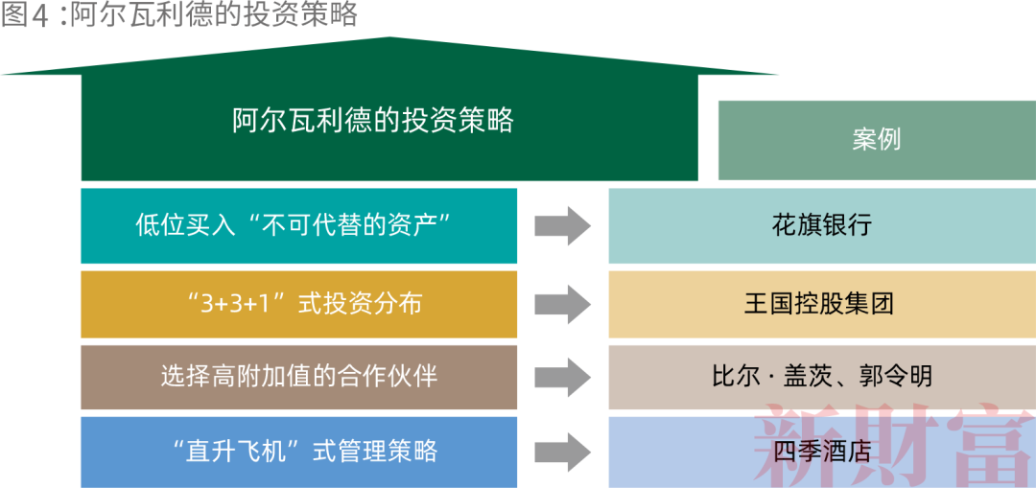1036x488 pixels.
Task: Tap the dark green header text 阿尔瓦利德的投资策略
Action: point(373,120)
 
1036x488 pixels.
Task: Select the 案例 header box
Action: point(876,139)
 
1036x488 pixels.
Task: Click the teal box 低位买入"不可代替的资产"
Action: point(298,225)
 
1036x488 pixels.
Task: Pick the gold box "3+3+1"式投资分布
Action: point(298,304)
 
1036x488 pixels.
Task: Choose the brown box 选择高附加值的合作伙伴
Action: point(298,377)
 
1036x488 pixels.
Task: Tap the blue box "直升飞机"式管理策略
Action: point(298,451)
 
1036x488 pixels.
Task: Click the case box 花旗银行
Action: point(821,225)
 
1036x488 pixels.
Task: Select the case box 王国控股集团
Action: point(821,304)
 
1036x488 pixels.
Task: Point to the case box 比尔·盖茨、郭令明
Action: point(821,377)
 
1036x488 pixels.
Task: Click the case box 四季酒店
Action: point(821,451)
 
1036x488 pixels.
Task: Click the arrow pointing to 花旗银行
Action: point(562,226)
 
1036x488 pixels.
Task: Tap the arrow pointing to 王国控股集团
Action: point(562,304)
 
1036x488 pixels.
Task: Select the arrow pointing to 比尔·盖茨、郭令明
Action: point(562,377)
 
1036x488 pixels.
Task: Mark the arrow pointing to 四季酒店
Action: point(562,451)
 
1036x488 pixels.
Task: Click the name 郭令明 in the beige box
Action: point(896,377)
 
